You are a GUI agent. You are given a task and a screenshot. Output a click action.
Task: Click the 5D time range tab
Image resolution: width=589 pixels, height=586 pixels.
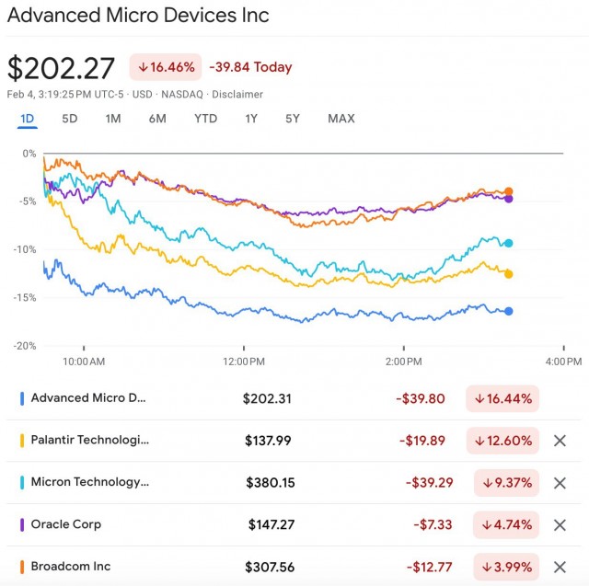tap(70, 119)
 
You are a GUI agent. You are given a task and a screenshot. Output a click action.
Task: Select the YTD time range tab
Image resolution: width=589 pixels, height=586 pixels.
tap(205, 119)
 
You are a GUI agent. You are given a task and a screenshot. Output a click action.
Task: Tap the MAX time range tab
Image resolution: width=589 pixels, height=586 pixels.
tap(341, 119)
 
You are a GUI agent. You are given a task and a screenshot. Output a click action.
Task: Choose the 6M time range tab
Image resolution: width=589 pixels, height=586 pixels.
tap(157, 119)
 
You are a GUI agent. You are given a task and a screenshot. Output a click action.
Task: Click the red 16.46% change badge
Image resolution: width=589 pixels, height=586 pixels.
tap(166, 67)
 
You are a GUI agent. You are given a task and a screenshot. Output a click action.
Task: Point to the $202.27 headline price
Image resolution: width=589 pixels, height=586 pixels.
tap(61, 68)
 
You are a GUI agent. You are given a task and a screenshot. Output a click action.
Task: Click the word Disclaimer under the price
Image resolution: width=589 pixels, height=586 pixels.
tap(237, 94)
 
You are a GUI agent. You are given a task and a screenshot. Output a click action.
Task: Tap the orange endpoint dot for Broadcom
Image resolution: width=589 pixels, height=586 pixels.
tap(508, 191)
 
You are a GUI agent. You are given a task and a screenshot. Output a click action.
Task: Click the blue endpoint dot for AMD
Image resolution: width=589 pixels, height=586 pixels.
tap(509, 311)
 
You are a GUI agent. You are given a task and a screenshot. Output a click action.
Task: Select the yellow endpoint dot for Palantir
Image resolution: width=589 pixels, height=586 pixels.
tap(508, 274)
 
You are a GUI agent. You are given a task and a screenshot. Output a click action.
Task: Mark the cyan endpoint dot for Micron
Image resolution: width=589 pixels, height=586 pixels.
tap(508, 243)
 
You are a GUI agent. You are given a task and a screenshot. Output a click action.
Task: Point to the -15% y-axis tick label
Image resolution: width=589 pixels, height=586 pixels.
tap(25, 298)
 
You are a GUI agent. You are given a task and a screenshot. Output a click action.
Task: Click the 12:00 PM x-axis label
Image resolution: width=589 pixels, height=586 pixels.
tap(244, 362)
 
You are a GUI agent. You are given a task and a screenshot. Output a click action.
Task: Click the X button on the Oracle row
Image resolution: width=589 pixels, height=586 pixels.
tap(560, 524)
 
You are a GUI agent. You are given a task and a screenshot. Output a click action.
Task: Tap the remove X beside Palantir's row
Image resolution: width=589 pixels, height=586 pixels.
tap(560, 441)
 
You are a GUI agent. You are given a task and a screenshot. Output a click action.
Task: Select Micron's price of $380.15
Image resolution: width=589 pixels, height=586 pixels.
tap(271, 482)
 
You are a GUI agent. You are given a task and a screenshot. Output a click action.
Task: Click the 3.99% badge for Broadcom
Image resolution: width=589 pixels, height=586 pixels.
tap(506, 567)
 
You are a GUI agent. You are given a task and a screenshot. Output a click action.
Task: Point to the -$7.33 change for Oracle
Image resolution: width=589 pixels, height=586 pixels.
tap(433, 524)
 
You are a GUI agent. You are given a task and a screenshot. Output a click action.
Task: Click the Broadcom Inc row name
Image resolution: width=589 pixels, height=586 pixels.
tap(71, 566)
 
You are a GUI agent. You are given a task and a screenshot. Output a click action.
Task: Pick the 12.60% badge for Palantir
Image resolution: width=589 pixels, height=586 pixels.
tap(502, 441)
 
